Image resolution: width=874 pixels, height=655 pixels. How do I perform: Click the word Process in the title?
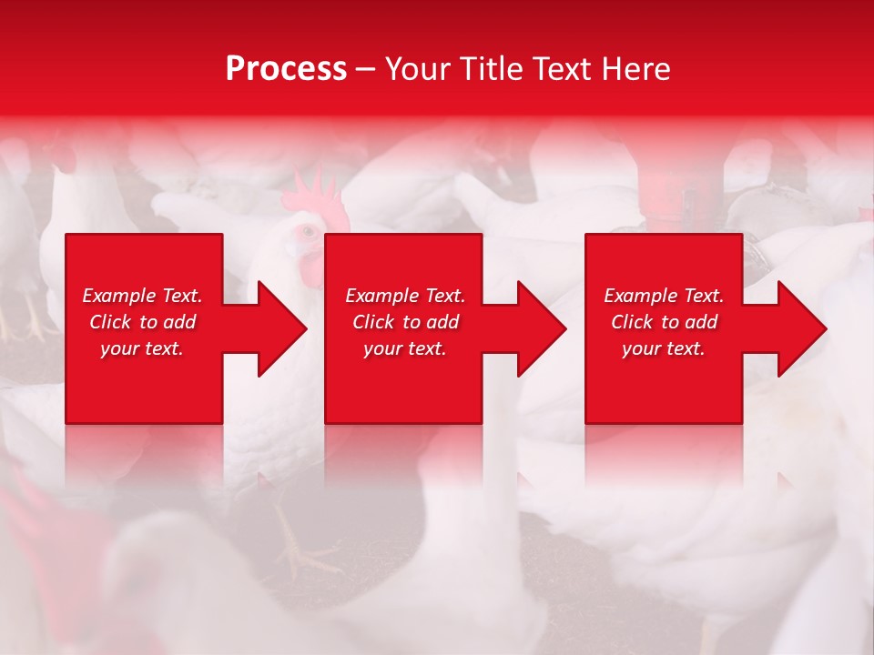286,69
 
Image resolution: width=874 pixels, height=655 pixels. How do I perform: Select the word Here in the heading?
635,69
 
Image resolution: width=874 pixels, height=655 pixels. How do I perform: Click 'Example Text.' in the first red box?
142,296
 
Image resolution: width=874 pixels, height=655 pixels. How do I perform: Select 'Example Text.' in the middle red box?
405,296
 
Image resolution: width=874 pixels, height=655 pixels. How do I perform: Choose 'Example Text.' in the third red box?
664,296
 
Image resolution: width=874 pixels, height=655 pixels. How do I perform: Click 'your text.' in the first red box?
142,348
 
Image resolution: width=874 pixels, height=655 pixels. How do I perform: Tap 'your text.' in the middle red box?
405,348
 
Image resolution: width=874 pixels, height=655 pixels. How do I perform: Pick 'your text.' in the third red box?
664,348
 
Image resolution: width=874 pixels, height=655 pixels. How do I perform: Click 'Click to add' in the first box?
142,322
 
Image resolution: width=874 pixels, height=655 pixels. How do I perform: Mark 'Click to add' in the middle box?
405,322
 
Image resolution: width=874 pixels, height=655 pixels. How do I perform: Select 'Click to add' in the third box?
664,322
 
